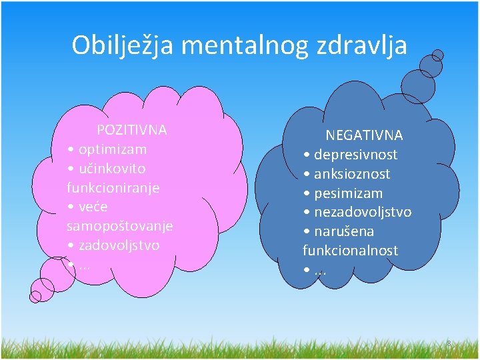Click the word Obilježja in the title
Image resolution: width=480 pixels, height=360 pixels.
point(123,45)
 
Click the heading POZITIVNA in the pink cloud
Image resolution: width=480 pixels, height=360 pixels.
point(132,129)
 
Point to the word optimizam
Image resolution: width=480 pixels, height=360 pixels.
point(112,149)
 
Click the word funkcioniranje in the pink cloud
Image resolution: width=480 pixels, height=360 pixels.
point(113,187)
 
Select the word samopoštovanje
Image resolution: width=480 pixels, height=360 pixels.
point(119,226)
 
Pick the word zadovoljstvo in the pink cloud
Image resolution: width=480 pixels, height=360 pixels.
point(119,245)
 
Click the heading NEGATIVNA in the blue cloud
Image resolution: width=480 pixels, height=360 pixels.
point(364,135)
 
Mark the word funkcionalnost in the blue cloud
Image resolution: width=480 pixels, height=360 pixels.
point(350,251)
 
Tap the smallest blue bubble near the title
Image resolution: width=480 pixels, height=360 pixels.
point(438,55)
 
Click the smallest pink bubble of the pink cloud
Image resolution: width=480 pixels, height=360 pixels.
point(35,296)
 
